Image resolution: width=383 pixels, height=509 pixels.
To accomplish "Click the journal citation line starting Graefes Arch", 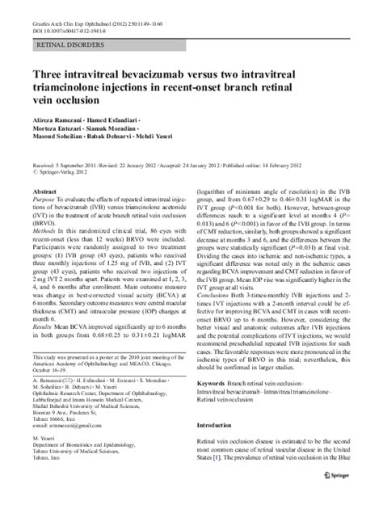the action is pos(95,8).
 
